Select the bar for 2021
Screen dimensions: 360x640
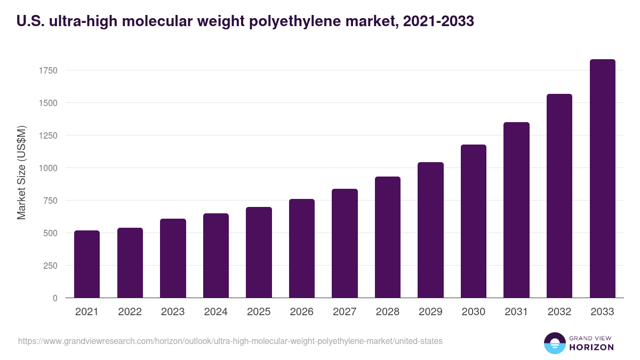[87, 264]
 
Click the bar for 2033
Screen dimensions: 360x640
[602, 179]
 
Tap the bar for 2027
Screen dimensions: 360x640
[345, 243]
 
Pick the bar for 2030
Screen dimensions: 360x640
[474, 221]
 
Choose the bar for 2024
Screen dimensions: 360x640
[216, 255]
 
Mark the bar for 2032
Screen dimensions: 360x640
[559, 196]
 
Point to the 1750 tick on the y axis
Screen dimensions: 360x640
[47, 70]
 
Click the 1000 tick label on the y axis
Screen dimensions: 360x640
[47, 168]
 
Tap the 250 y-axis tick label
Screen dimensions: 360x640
[50, 266]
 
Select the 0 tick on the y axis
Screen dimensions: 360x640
[55, 298]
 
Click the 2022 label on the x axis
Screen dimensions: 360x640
[130, 312]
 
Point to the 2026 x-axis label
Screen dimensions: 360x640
[302, 312]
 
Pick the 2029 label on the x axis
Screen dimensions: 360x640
[430, 312]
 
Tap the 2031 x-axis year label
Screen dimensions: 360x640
[516, 312]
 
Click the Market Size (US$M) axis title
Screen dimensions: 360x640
[21, 173]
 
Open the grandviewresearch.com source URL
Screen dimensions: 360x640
[230, 341]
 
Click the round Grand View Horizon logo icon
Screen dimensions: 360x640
[554, 343]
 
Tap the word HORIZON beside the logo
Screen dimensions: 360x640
[591, 347]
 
